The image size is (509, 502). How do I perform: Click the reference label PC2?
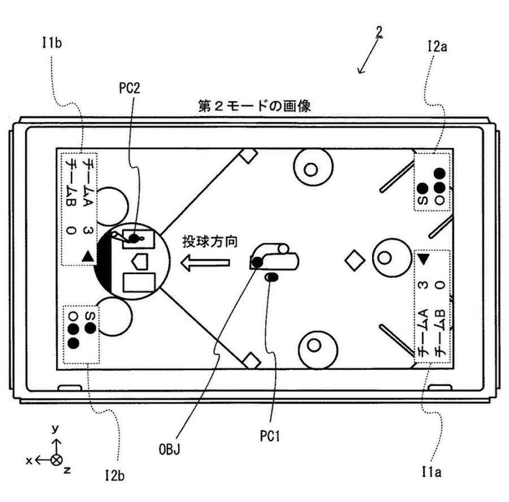[130, 88]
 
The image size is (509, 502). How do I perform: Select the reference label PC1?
[270, 436]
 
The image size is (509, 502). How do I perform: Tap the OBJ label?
[170, 449]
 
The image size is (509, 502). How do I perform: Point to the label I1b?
[52, 43]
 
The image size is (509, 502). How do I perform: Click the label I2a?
[437, 46]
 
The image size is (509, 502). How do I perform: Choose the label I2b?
[115, 476]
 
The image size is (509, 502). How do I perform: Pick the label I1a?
[432, 472]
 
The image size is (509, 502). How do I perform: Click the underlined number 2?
[379, 32]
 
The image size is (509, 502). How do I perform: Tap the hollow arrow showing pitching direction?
[205, 262]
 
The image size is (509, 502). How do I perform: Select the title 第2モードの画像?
[255, 106]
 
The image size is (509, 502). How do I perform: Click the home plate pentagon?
[140, 261]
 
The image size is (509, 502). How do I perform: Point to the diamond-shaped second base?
[355, 260]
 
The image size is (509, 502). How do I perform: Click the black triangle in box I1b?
[88, 256]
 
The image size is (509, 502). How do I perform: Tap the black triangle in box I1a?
[423, 259]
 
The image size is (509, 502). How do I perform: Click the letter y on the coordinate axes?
[55, 429]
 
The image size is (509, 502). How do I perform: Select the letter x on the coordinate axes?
[29, 460]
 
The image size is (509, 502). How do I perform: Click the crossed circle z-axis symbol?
[57, 460]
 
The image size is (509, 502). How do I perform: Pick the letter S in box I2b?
[90, 316]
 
